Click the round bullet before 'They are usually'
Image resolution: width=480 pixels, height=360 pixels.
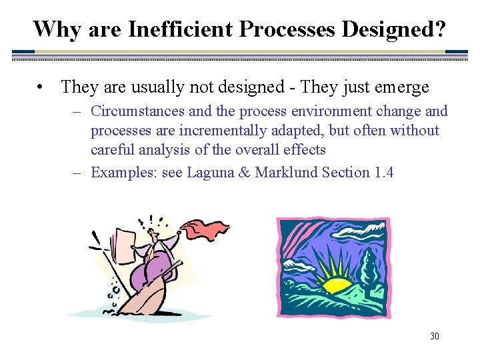pyautogui.click(x=41, y=87)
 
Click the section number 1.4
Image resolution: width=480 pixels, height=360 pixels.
pyautogui.click(x=383, y=173)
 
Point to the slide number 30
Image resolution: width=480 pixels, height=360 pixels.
pyautogui.click(x=434, y=336)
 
